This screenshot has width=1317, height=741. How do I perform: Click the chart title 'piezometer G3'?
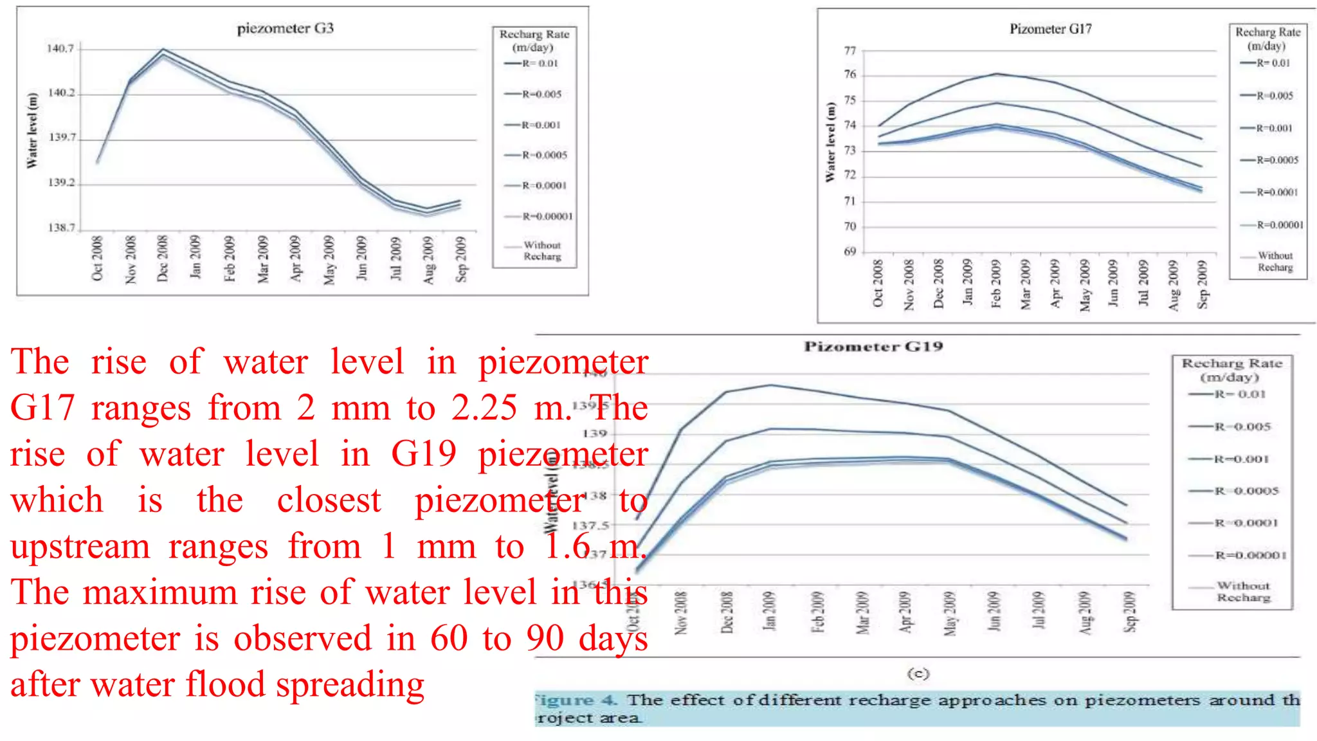point(285,28)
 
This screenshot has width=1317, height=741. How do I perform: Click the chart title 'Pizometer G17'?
point(1050,29)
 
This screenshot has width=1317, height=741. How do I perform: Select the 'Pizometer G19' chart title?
point(873,347)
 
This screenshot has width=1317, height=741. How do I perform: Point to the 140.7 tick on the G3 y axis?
point(60,49)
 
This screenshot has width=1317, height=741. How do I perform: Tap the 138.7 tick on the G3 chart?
point(61,228)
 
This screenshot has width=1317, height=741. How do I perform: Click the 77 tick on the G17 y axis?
point(849,51)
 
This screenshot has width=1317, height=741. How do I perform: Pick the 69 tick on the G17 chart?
point(849,252)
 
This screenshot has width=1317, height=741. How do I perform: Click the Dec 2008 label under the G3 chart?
point(163,258)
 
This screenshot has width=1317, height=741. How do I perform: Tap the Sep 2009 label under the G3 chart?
point(461,259)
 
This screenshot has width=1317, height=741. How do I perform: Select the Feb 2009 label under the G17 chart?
point(996,284)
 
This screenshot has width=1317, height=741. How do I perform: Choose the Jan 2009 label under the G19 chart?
point(770,610)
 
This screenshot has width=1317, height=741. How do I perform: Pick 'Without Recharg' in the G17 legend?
point(1275,261)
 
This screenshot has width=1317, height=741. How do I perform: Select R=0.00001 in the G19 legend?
point(1249,555)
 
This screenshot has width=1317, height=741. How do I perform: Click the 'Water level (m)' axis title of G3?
point(32,131)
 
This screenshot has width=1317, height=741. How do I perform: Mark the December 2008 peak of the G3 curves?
point(163,50)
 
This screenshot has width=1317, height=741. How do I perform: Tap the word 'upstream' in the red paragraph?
point(80,547)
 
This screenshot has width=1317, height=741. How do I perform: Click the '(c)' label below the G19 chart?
point(918,673)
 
